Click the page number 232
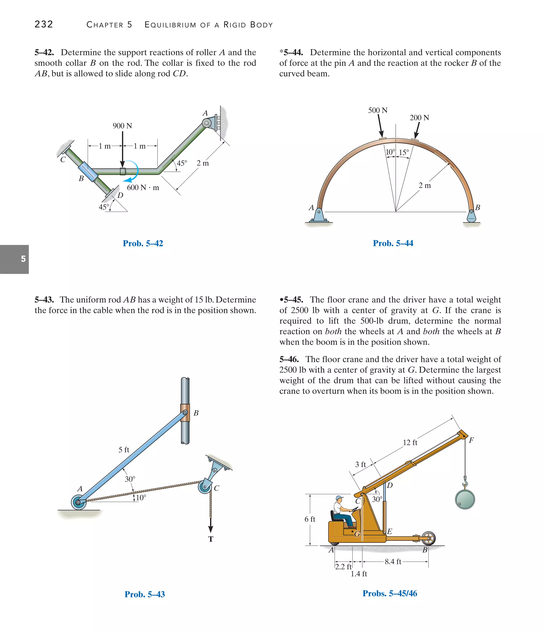(44, 24)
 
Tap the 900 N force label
(122, 126)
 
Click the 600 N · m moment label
(143, 188)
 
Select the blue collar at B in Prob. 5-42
(88, 172)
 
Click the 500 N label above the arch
(378, 110)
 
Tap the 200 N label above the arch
(419, 118)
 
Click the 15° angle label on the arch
(403, 152)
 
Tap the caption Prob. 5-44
(393, 243)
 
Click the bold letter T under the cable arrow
(211, 539)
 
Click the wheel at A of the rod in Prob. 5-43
(78, 502)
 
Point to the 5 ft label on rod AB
(124, 450)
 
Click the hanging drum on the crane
(465, 499)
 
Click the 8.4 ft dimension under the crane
(393, 562)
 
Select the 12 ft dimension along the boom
(410, 442)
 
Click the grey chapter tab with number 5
(14, 259)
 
